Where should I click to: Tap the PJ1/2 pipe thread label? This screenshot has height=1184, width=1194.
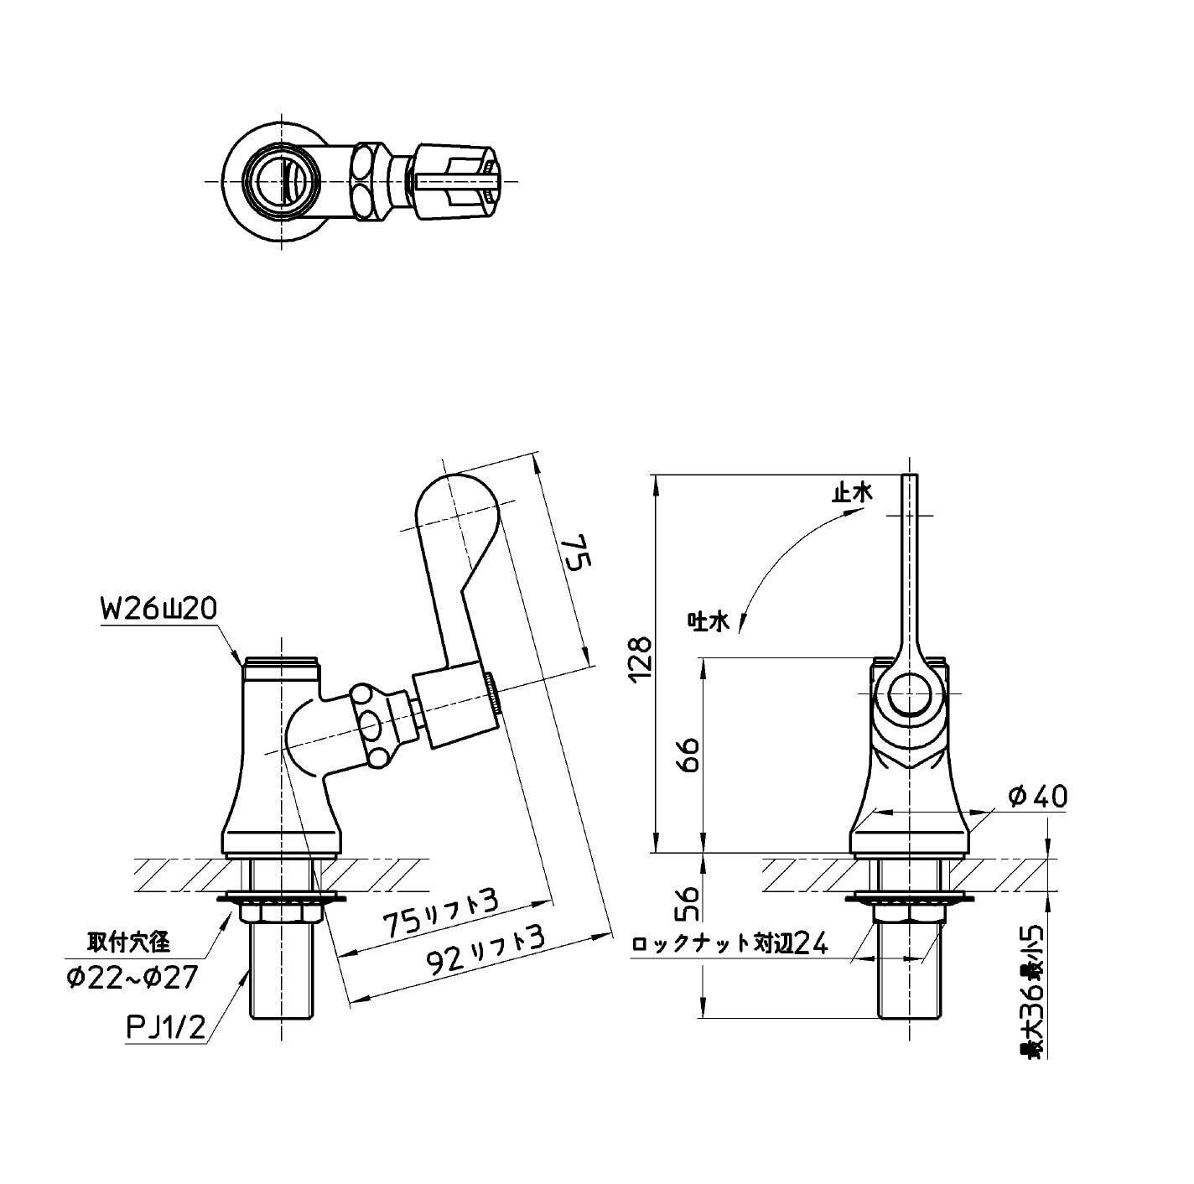click(165, 1028)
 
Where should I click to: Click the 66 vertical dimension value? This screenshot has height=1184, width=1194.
click(688, 756)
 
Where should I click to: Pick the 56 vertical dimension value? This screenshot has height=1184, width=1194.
click(688, 904)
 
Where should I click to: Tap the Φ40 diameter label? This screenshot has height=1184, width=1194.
click(1039, 796)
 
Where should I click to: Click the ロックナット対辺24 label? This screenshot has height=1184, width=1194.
click(729, 944)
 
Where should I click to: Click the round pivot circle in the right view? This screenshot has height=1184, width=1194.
click(908, 695)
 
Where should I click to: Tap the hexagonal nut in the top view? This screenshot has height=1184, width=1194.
click(366, 180)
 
